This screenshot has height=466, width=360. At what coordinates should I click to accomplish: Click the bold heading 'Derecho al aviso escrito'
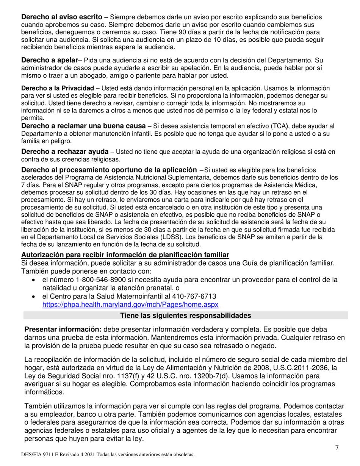click(61, 17)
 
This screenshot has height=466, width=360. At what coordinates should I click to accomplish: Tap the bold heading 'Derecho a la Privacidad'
click(57, 88)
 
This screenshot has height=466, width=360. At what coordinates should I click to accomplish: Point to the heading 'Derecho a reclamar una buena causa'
click(83, 126)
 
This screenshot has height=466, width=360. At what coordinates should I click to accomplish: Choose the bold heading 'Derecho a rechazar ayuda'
click(65, 152)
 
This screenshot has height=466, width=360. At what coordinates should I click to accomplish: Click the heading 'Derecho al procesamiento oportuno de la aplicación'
click(109, 170)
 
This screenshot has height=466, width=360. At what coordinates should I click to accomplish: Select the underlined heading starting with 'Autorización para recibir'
click(125, 255)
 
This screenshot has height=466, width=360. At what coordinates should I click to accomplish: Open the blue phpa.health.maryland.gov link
click(130, 304)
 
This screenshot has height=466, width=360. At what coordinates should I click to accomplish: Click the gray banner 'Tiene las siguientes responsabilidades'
click(186, 316)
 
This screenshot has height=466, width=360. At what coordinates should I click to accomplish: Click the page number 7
click(337, 447)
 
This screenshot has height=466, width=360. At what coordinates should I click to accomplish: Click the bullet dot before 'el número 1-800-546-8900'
click(34, 280)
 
